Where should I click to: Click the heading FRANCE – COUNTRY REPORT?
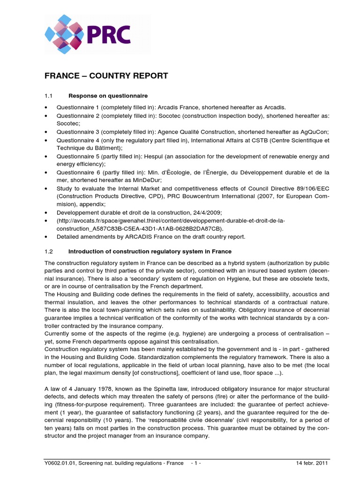click(106, 76)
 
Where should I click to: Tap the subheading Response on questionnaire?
click(108, 96)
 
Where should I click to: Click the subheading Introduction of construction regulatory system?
click(150, 252)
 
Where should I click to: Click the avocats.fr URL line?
click(171, 220)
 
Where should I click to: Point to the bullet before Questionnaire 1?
click(46, 108)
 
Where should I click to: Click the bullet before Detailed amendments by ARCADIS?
click(46, 237)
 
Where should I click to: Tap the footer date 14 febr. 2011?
click(312, 463)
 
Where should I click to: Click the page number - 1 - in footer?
click(196, 463)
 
